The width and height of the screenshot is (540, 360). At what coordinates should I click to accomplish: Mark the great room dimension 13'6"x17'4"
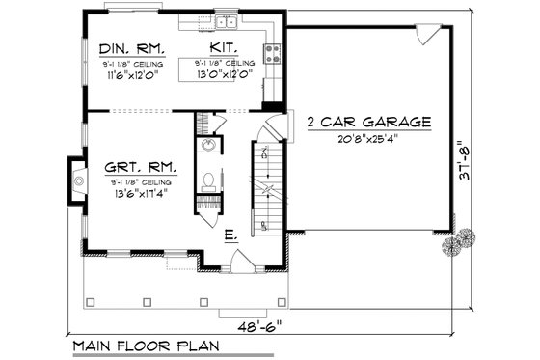pyautogui.click(x=135, y=194)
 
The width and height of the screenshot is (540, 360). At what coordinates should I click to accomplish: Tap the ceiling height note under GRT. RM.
pyautogui.click(x=135, y=181)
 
